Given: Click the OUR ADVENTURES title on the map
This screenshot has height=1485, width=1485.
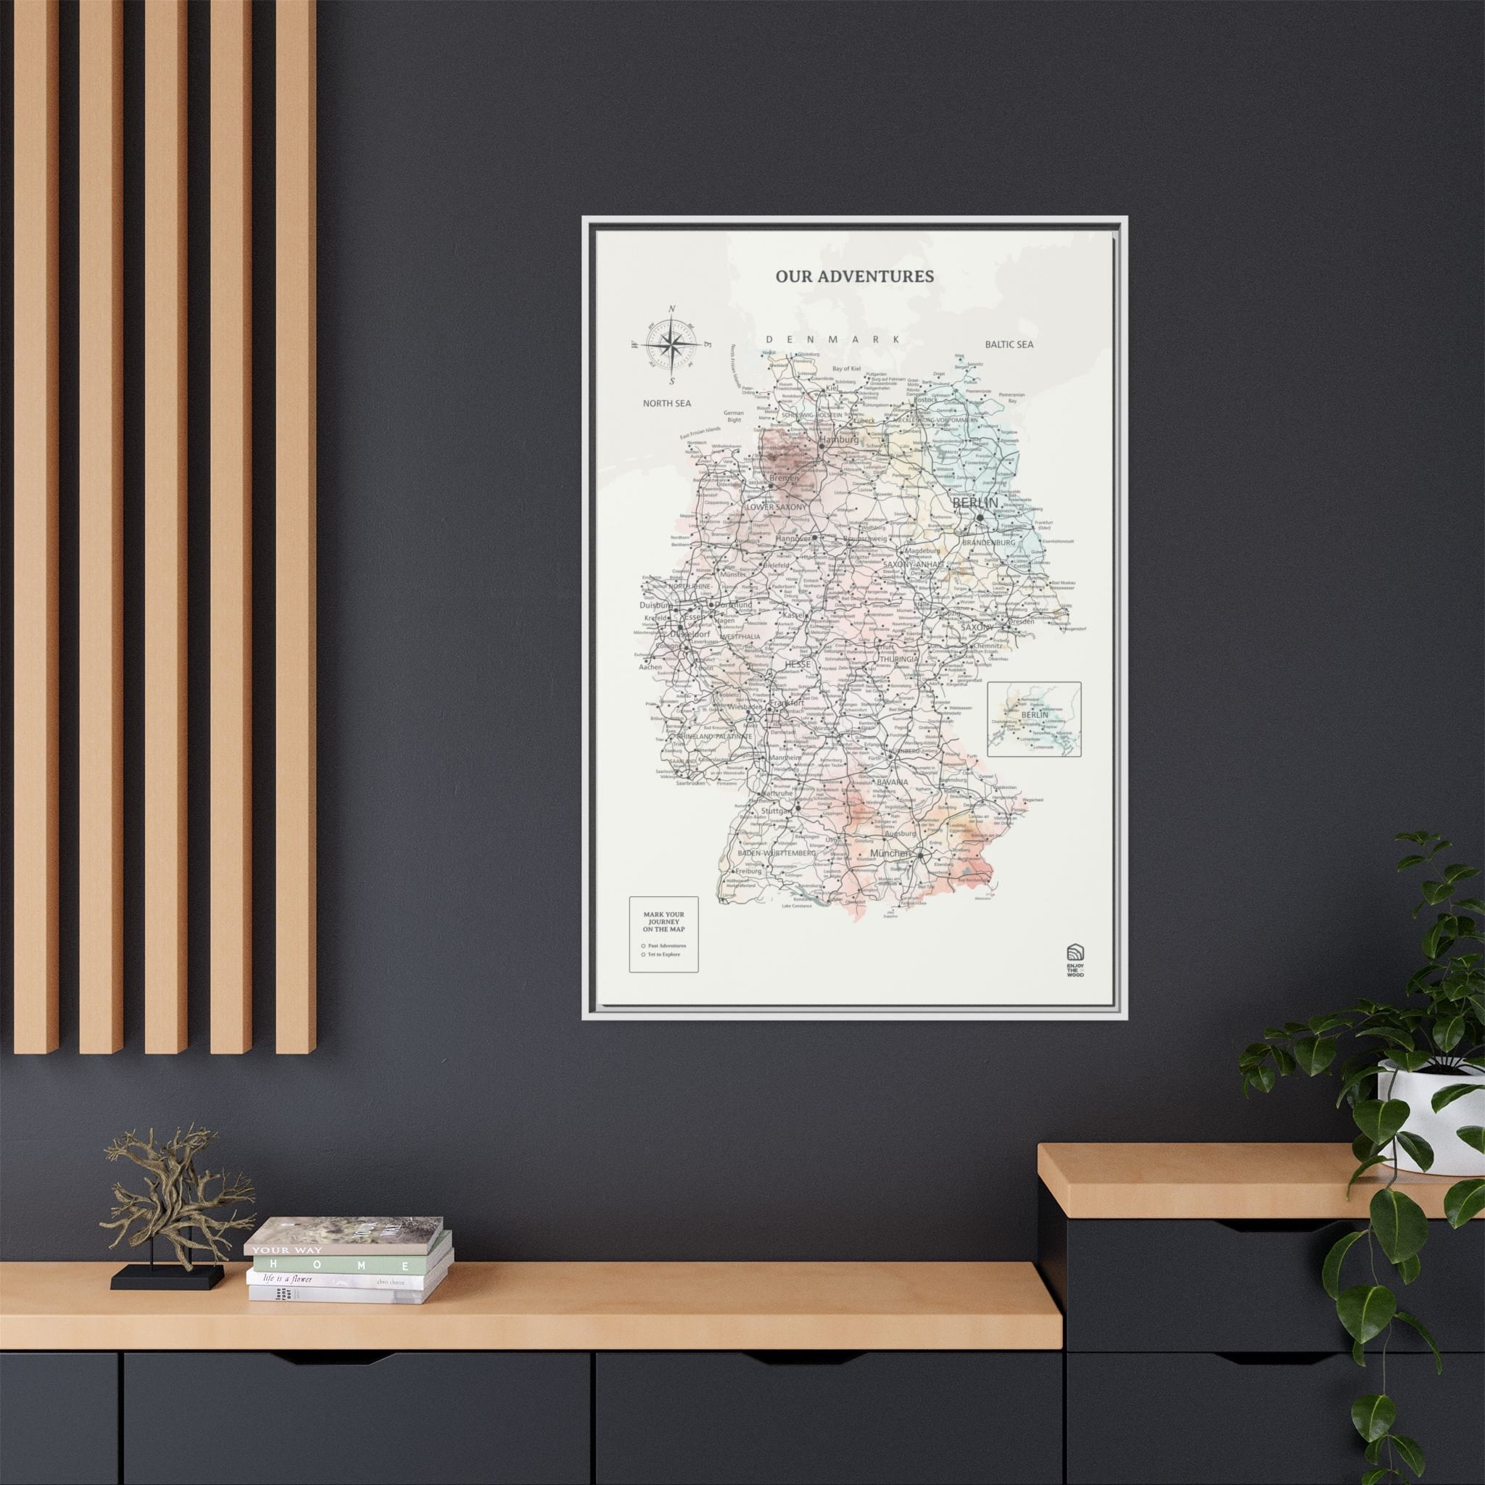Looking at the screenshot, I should (854, 276).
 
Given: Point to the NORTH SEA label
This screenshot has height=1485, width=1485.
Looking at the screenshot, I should (667, 402).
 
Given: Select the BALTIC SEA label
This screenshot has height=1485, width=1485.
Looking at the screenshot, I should (1009, 344).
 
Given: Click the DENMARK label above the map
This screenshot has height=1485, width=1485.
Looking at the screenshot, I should (832, 339).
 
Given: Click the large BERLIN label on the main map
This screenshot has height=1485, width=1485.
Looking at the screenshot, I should (975, 502).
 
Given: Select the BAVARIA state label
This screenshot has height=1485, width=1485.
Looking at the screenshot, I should (893, 782).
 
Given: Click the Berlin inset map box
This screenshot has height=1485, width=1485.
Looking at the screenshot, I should (1034, 719).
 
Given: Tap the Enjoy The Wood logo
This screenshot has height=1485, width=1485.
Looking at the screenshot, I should (1075, 960).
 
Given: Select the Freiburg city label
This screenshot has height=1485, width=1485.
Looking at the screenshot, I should (748, 871).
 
